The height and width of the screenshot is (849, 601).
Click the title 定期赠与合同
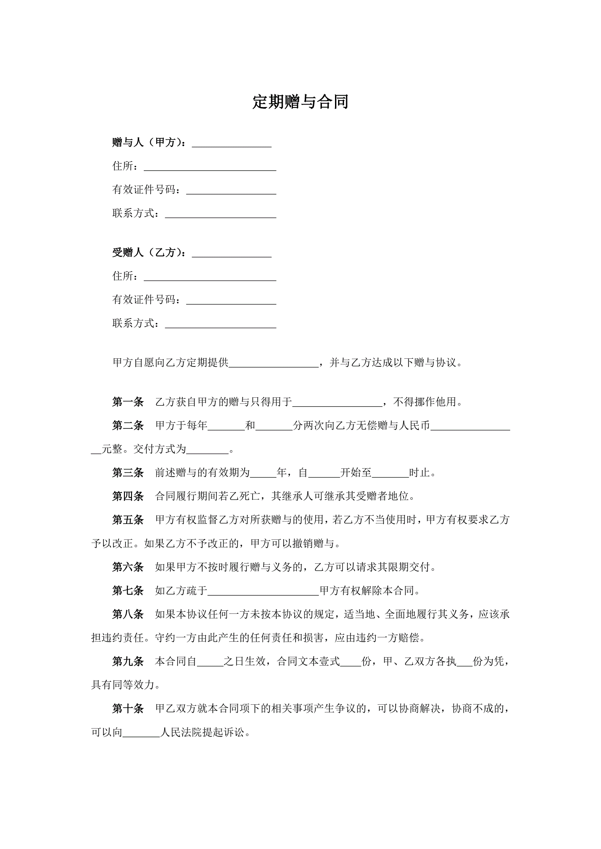tap(300, 102)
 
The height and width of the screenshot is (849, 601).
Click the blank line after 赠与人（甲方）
tap(231, 143)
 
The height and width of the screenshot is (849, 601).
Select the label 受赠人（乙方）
tap(149, 253)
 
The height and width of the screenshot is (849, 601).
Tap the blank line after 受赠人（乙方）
tap(231, 253)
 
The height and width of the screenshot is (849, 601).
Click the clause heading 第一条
tap(128, 402)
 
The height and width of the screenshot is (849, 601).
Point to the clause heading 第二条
tap(128, 426)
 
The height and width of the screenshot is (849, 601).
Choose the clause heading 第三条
tap(128, 472)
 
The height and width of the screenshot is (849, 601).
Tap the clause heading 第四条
tap(128, 496)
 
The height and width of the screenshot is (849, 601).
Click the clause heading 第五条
tap(128, 520)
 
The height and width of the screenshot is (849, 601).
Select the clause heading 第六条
tap(128, 567)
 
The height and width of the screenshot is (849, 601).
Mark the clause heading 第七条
tap(128, 591)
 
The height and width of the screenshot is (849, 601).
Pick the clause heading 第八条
tap(128, 614)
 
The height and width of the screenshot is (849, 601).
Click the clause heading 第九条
tap(128, 661)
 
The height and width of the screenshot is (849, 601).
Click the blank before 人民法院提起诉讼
tap(141, 733)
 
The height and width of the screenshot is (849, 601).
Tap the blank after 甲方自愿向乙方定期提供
tap(273, 363)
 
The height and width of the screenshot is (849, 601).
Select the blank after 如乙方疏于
tap(263, 591)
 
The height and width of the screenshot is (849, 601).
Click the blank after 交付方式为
tap(207, 450)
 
